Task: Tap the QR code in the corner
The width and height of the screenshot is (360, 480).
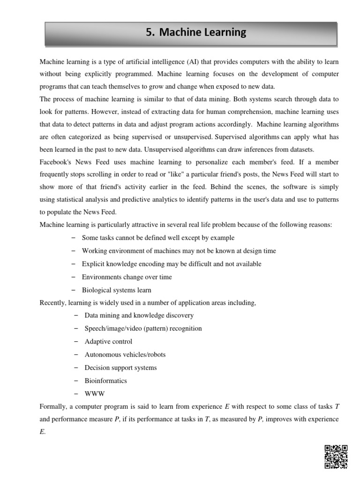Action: point(336,457)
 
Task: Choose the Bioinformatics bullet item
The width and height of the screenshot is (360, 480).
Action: point(105,381)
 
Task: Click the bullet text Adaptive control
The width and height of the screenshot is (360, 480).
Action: point(108,341)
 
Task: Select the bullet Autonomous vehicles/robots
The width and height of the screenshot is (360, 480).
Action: point(125,354)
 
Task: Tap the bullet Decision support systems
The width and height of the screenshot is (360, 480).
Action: point(120,367)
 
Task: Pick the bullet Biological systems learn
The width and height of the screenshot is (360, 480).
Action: point(116,290)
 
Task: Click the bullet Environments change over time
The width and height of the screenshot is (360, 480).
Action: point(127,277)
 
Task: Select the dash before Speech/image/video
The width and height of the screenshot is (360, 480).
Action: point(76,328)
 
